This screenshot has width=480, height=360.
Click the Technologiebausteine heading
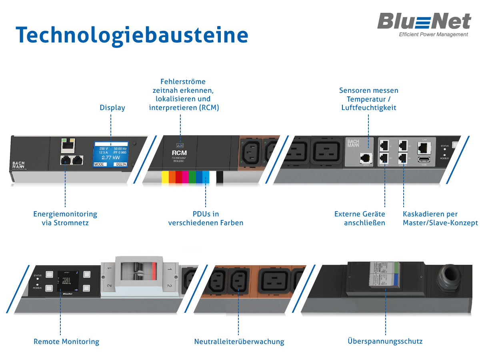132,35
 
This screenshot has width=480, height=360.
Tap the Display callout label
112,108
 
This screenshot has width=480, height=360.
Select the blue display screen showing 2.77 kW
111,154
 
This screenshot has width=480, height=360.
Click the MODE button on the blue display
99,164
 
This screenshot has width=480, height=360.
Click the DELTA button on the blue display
121,164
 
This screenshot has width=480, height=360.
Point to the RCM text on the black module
179,153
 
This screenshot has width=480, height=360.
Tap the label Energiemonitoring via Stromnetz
65,218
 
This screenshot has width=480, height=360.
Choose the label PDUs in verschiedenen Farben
206,218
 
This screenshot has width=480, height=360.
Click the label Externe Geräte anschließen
360,218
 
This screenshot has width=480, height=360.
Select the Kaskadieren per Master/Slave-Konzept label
440,218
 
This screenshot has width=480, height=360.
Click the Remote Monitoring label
66,342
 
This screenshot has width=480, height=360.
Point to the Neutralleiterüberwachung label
239,342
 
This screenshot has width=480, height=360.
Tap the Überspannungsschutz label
385,341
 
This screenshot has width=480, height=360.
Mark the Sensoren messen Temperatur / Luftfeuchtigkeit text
369,99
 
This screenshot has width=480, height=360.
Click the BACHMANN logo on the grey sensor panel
353,143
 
